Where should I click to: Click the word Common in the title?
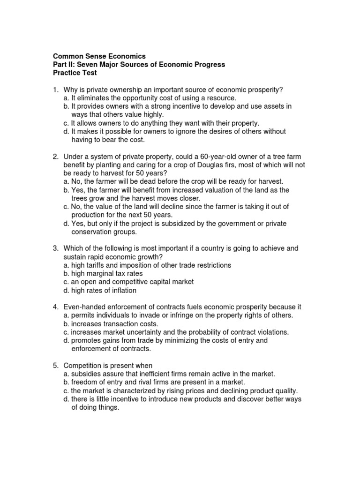pyautogui.click(x=67, y=56)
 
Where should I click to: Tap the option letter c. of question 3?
pyautogui.click(x=66, y=282)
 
